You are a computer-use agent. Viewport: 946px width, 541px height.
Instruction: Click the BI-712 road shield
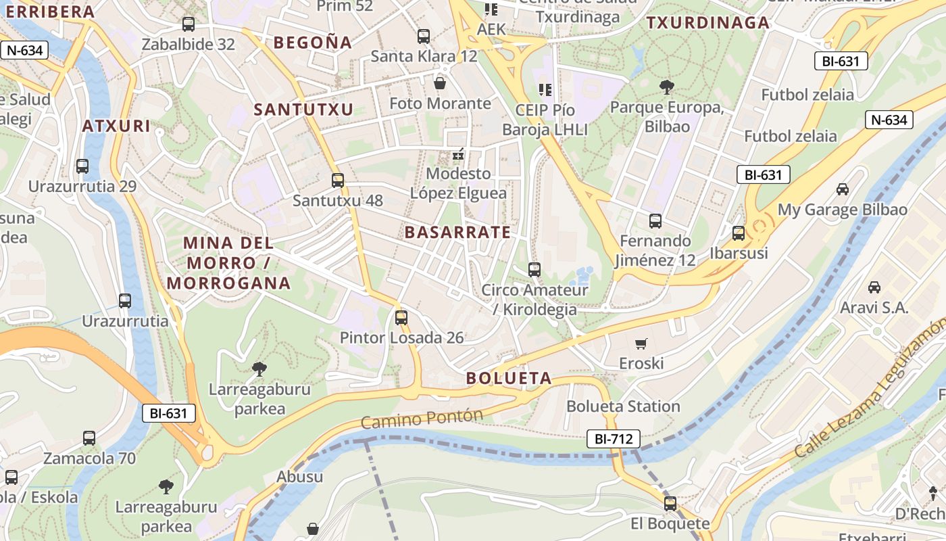(613, 439)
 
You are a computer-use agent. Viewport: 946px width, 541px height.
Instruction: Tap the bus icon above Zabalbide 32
(189, 24)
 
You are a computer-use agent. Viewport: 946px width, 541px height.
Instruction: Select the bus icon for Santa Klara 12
(424, 37)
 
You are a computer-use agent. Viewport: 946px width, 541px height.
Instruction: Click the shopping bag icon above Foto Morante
(440, 83)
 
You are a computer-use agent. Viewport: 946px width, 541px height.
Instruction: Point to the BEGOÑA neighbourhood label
(313, 43)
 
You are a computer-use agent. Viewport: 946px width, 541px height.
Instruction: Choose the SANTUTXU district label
(303, 110)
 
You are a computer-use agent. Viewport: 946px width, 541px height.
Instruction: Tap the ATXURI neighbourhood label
(116, 126)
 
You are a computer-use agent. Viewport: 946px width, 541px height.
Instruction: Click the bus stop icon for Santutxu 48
(338, 181)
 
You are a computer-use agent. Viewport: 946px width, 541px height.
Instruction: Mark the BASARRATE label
(457, 233)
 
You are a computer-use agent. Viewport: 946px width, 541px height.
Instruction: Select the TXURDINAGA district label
(708, 23)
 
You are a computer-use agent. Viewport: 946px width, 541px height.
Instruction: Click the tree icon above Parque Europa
(667, 87)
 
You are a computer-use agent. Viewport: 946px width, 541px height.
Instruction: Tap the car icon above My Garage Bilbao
(843, 189)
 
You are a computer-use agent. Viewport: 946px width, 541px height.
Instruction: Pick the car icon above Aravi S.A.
(874, 287)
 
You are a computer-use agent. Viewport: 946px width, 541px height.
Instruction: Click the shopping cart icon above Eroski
(641, 344)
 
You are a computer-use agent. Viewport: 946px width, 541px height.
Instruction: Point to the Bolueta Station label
(623, 406)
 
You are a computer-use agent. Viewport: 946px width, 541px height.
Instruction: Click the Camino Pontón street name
(422, 419)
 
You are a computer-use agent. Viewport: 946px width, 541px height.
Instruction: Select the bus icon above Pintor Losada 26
(401, 317)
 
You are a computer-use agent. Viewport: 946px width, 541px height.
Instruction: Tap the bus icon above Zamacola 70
(89, 438)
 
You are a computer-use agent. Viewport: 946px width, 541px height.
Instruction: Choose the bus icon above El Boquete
(670, 504)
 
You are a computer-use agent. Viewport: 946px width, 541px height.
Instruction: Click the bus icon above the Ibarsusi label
(739, 233)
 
